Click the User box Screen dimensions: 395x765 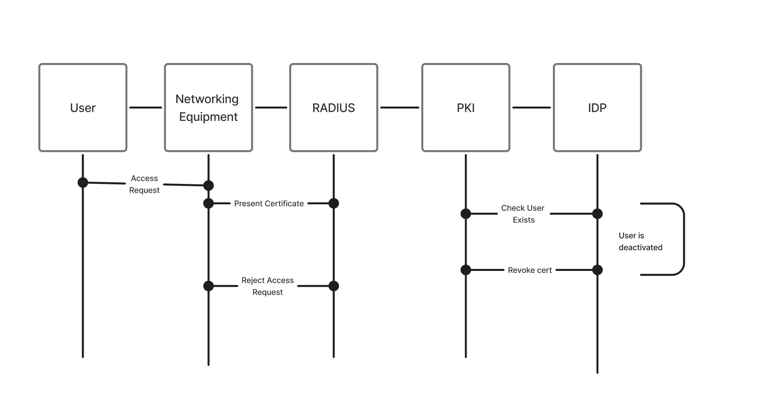point(83,107)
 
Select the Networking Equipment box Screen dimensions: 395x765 point(208,107)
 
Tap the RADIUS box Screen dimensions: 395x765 point(333,107)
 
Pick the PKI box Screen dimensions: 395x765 point(465,107)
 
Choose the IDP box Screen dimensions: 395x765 point(597,107)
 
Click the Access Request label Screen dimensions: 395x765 point(144,184)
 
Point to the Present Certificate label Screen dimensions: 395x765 point(269,203)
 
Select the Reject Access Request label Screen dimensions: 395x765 point(267,286)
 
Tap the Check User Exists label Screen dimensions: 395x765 point(523,214)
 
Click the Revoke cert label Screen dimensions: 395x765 point(530,270)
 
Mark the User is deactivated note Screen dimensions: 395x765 point(640,241)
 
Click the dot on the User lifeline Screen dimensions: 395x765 point(83,182)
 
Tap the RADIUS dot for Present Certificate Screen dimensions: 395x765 point(333,203)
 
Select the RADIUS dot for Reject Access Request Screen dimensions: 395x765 point(333,286)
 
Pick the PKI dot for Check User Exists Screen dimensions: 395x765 point(465,214)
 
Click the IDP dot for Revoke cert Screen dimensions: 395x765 point(597,270)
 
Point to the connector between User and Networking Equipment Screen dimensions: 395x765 point(146,107)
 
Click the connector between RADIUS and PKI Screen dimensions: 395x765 point(400,107)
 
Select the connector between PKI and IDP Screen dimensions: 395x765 point(531,107)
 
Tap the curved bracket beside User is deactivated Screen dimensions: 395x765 point(684,239)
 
